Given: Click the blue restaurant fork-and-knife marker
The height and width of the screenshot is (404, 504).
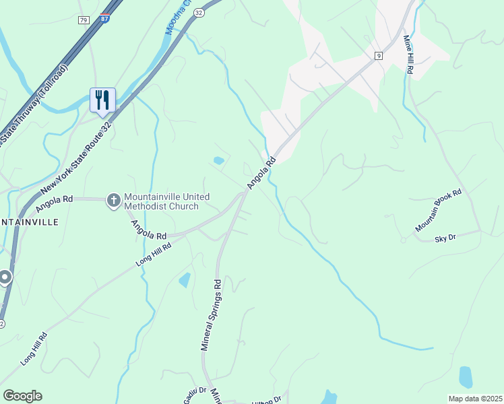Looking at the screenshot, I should [x=102, y=100].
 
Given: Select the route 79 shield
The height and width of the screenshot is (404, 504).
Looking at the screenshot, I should [x=84, y=20].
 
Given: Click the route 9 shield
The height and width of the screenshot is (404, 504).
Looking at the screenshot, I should [x=379, y=56].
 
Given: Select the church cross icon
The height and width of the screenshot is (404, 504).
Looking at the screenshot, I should [x=114, y=200].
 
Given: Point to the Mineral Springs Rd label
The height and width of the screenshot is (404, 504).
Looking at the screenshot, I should [x=212, y=315].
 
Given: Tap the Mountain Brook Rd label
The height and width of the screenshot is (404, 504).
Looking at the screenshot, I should [x=438, y=211].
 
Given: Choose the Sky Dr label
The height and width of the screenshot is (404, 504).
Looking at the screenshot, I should [x=445, y=238].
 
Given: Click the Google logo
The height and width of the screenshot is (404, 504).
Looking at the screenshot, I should [x=22, y=396].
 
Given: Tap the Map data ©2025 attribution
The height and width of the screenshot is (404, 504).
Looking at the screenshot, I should [x=475, y=399].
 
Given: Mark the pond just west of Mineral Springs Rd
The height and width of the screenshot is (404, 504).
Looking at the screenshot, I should [x=184, y=279].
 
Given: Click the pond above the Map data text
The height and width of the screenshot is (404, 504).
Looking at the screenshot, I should [x=465, y=377].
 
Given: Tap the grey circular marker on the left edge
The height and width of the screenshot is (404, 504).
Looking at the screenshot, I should [x=5, y=277].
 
